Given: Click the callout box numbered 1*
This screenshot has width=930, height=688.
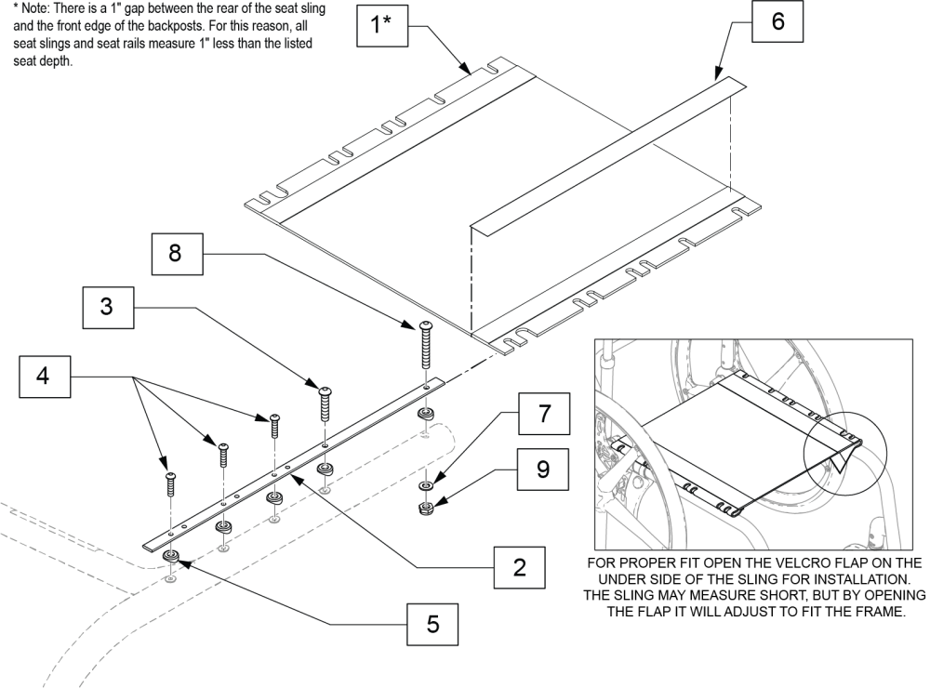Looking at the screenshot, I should coord(382,26).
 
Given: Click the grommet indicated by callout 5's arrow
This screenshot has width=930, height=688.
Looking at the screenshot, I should coord(172,557).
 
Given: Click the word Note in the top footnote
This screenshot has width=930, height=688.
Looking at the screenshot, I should coord(30,7).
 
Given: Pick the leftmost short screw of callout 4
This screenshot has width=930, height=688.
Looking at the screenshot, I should coord(170,484).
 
